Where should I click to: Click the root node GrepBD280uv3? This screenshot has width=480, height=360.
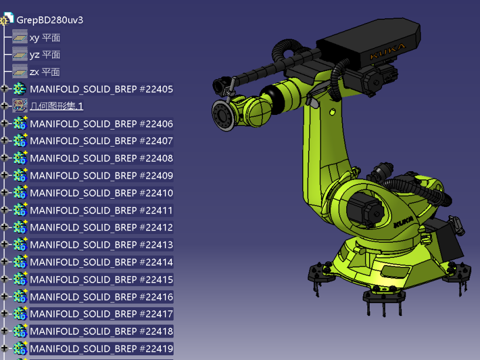[x=50, y=20]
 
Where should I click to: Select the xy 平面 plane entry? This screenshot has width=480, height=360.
[x=45, y=38]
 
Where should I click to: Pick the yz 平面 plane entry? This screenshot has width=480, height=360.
[x=45, y=55]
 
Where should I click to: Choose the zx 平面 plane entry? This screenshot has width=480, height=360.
[x=45, y=72]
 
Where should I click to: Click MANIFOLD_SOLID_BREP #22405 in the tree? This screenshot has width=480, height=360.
[x=102, y=89]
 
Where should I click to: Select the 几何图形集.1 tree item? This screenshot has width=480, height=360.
[x=57, y=106]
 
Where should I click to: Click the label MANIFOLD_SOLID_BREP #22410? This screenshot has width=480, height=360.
[x=102, y=193]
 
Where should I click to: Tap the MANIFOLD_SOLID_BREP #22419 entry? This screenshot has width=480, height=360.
[x=102, y=349]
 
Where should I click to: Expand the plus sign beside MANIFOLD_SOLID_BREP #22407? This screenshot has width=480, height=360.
[x=4, y=140]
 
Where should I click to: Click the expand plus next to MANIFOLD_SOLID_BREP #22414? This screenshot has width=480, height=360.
[x=4, y=261]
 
